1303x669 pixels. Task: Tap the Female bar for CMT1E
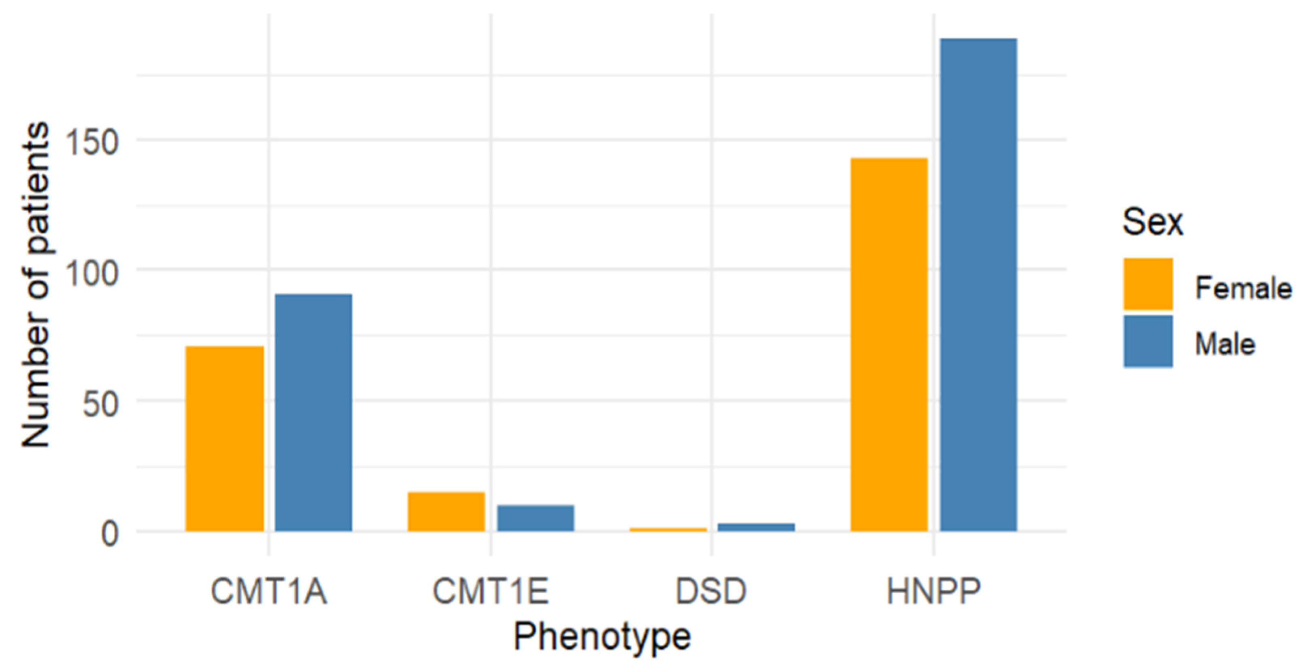tap(446, 511)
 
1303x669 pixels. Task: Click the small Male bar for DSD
tap(756, 527)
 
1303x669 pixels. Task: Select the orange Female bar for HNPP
tap(889, 344)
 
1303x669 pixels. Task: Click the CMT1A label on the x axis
tap(269, 590)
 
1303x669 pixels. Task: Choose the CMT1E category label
tap(490, 590)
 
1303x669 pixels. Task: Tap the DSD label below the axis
tap(711, 590)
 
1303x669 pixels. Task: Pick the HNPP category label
tap(934, 590)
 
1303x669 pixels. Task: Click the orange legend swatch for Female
tap(1148, 284)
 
